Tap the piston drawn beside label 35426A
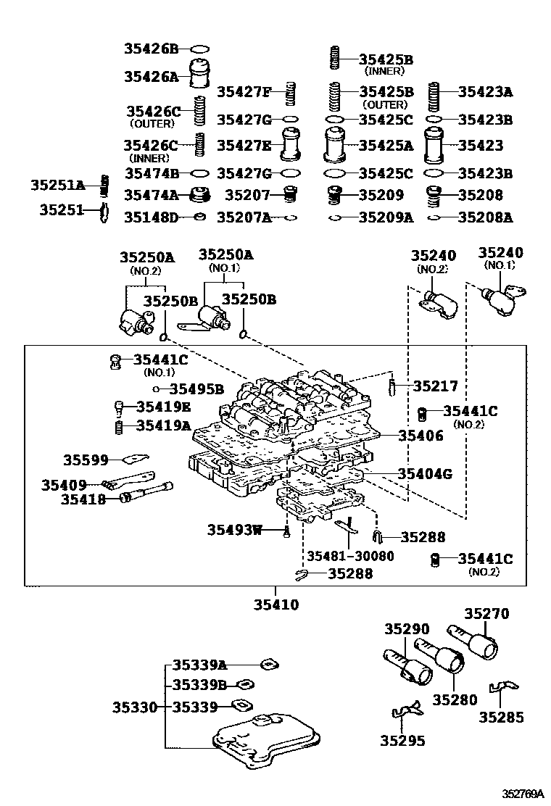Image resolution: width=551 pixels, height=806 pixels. [200, 75]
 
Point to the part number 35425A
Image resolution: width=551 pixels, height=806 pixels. [386, 146]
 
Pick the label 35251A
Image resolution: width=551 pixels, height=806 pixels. [57, 186]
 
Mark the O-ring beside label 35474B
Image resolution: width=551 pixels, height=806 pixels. [199, 174]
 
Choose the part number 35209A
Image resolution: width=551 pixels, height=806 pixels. [386, 217]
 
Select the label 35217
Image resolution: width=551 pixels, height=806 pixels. [436, 386]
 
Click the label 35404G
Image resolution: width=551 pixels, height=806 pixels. [424, 474]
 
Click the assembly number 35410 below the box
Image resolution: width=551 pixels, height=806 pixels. [275, 604]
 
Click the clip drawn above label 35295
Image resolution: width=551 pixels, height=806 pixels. [405, 713]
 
